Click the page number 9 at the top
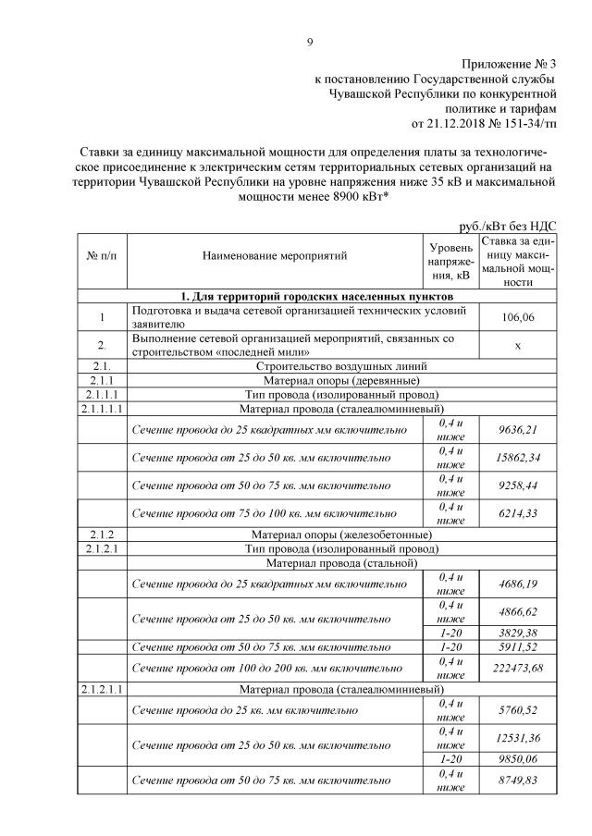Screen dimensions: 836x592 tap(310, 41)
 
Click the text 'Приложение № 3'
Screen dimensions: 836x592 tap(509, 64)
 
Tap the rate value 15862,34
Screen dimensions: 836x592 tap(518, 457)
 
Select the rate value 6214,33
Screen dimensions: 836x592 tap(518, 512)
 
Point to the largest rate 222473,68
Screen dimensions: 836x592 tap(518, 666)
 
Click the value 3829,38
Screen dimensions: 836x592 tap(518, 632)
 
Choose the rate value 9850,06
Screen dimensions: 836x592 tap(518, 757)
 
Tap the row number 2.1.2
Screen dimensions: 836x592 tap(102, 535)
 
